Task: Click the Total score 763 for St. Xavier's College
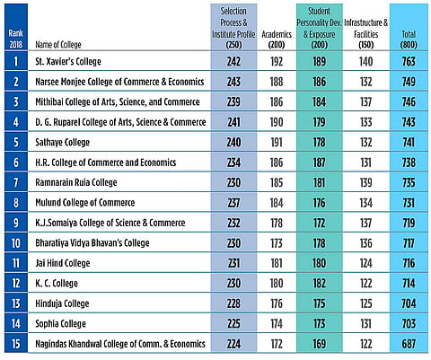(409, 61)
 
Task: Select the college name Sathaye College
(62, 142)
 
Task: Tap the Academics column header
(277, 40)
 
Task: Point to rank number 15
(16, 344)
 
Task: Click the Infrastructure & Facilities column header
(365, 33)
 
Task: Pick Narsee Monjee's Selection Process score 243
(233, 82)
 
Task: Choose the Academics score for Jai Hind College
(277, 263)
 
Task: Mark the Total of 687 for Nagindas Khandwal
(409, 344)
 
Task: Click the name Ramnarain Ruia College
(76, 182)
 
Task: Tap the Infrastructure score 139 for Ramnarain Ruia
(365, 182)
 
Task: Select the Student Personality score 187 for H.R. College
(319, 162)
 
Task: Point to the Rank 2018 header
(16, 39)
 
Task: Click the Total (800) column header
(409, 40)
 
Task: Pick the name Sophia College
(60, 323)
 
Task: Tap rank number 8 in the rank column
(16, 203)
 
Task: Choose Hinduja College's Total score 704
(409, 303)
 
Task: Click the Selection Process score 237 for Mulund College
(233, 203)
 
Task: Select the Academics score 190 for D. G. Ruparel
(277, 122)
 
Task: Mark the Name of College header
(58, 45)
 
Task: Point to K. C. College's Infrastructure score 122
(365, 284)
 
